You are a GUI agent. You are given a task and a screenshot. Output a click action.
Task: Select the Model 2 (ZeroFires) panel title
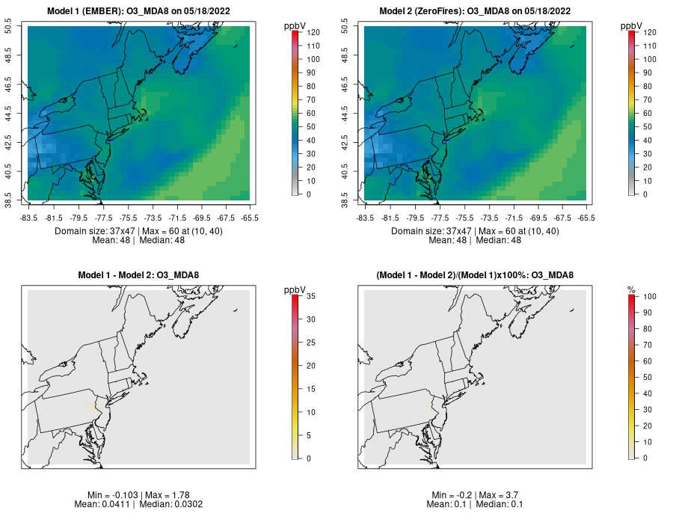pos(476,11)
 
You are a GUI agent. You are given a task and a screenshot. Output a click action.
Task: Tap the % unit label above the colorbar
pos(631,289)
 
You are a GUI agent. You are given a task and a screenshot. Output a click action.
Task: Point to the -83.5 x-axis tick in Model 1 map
pos(28,218)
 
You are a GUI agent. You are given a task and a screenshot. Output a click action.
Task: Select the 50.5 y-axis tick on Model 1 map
pos(16,28)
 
